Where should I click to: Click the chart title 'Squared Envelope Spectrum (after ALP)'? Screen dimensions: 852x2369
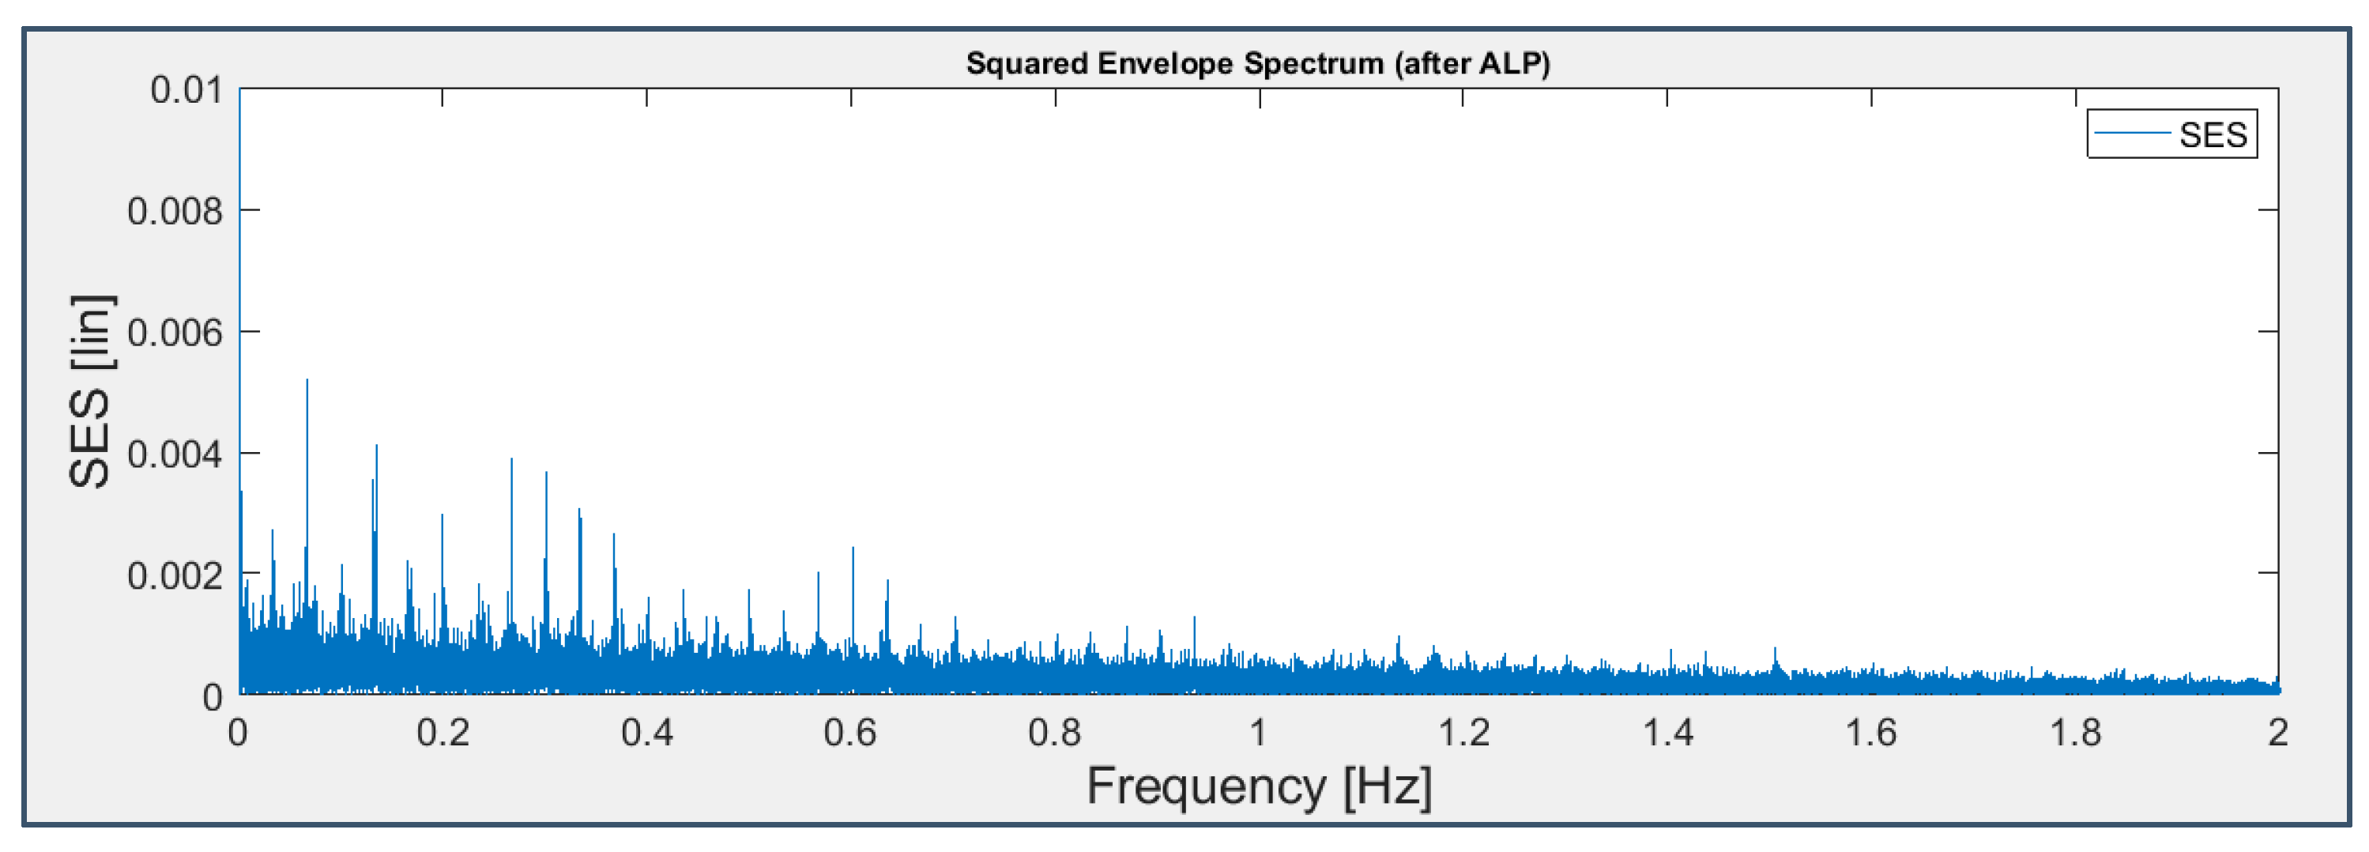click(x=1257, y=63)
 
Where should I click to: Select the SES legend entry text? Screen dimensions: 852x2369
click(x=2213, y=135)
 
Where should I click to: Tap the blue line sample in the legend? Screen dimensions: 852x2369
click(x=2132, y=134)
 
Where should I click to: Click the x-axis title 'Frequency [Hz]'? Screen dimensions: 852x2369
click(x=1259, y=786)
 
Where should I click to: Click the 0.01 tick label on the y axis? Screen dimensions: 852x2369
click(x=186, y=90)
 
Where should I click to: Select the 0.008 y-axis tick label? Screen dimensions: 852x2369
click(x=175, y=212)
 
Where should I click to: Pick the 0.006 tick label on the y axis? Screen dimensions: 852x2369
click(x=175, y=333)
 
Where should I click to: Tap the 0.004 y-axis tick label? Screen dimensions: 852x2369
click(x=175, y=454)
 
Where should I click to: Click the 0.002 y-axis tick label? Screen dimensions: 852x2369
click(x=175, y=576)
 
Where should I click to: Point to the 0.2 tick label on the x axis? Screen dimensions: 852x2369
click(x=443, y=733)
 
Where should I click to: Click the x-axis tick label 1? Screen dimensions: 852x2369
click(x=1258, y=733)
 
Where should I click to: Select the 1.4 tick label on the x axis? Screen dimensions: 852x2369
click(x=1667, y=733)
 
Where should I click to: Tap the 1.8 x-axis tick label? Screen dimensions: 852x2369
click(x=2076, y=733)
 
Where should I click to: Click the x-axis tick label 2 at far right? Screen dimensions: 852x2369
click(x=2277, y=733)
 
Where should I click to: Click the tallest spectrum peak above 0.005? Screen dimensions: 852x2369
click(x=307, y=381)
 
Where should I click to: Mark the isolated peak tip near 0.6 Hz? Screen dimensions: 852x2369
click(x=853, y=549)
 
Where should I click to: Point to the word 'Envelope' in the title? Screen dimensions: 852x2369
click(x=1166, y=63)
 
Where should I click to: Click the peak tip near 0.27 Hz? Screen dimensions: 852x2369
click(x=511, y=460)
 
